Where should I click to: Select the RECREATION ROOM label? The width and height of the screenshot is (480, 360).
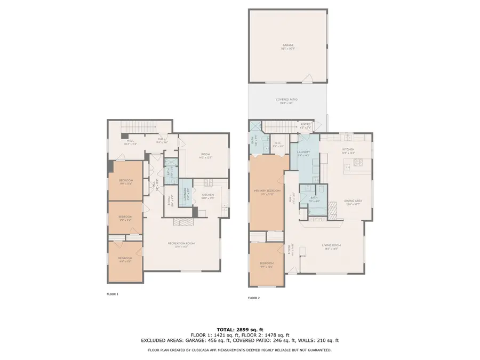click(x=181, y=244)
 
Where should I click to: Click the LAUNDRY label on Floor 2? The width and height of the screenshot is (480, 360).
click(x=303, y=153)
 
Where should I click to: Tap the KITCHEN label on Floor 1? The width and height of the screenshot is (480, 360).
click(x=208, y=196)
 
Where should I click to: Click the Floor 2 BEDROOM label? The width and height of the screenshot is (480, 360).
click(x=266, y=264)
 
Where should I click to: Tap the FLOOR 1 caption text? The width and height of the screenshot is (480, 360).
click(x=113, y=294)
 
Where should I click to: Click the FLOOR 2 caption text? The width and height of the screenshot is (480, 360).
click(x=253, y=298)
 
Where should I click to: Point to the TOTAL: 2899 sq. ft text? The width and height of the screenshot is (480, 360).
click(x=239, y=329)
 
